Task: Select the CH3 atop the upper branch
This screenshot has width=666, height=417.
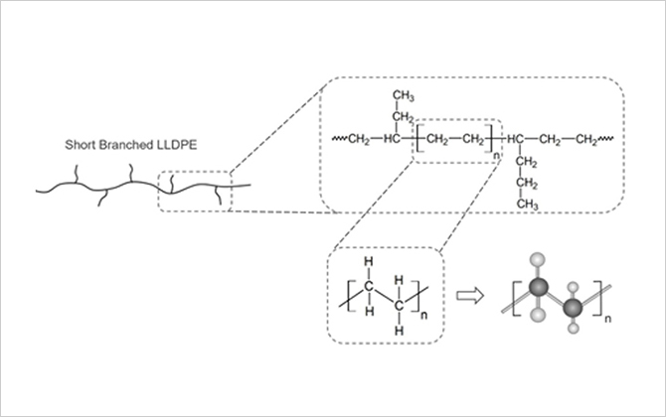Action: [402, 96]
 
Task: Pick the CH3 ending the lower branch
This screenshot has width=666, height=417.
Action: [527, 205]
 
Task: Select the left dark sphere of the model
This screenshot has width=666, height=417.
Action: [540, 287]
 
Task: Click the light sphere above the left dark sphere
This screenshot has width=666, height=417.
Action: [540, 260]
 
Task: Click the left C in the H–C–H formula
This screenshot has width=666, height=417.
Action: [369, 287]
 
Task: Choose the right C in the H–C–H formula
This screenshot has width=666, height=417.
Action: [400, 305]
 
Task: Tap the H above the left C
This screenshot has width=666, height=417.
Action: [369, 263]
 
